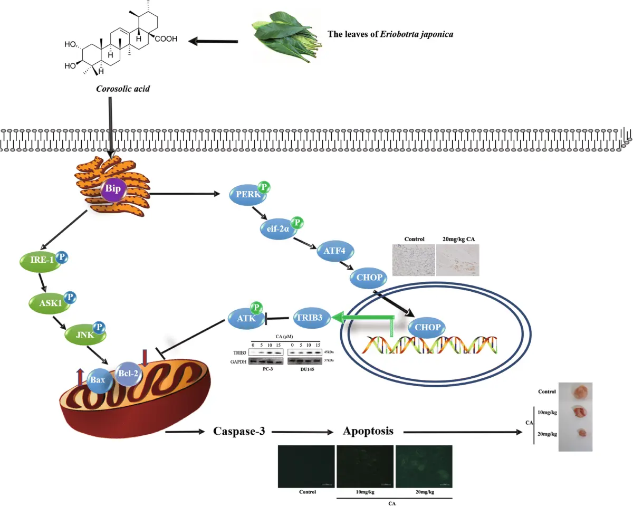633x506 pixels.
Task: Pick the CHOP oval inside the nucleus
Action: (x=427, y=327)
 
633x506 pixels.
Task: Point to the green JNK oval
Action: (x=82, y=333)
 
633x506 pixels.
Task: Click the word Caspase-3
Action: (x=238, y=431)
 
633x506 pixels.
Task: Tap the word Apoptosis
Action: (x=368, y=431)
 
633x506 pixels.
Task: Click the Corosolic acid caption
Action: (x=123, y=89)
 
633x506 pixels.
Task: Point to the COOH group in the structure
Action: (x=166, y=39)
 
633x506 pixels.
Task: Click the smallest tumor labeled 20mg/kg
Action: (x=582, y=432)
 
